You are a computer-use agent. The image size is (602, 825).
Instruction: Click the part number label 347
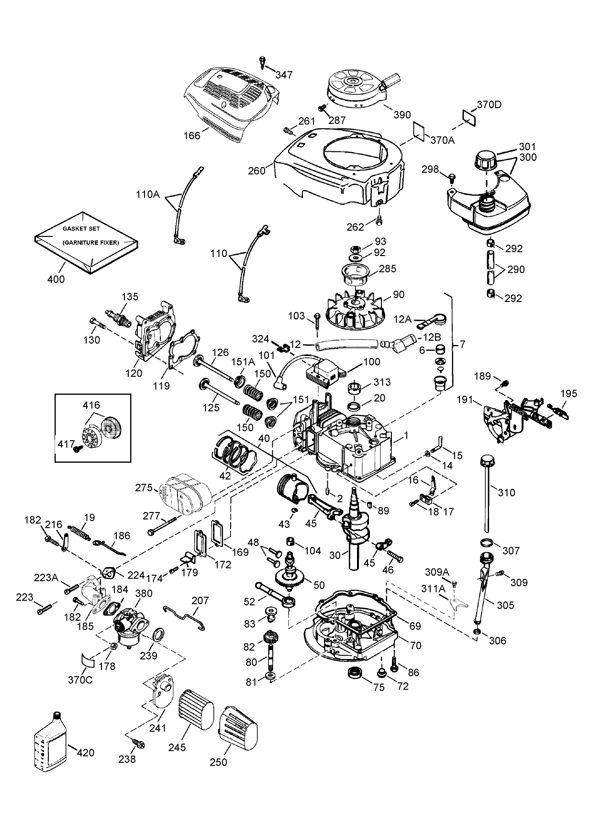click(284, 74)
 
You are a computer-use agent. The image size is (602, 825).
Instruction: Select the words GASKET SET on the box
click(81, 229)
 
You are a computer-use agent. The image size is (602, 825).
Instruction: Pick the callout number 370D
click(489, 104)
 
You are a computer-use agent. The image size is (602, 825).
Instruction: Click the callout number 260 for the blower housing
click(256, 170)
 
